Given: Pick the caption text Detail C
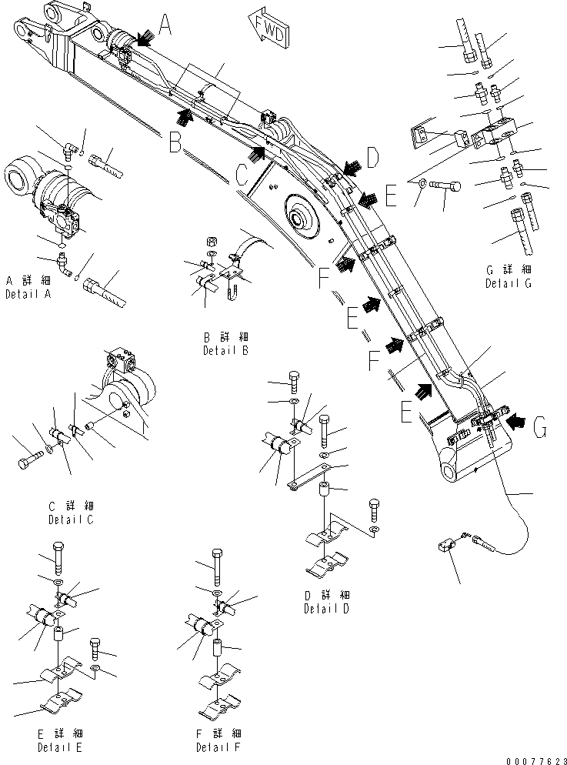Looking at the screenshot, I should click(71, 519).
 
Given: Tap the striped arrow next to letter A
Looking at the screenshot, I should click(142, 35).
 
